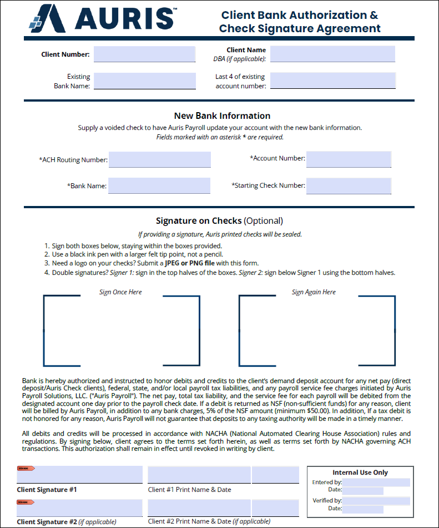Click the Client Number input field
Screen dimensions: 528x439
point(144,54)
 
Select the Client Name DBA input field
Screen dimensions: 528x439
point(332,54)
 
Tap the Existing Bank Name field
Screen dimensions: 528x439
point(144,81)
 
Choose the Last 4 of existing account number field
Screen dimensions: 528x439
point(332,81)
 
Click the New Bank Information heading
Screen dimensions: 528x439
point(222,116)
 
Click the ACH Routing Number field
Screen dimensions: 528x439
point(160,160)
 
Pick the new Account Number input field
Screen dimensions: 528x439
point(349,159)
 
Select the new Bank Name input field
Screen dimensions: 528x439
point(159,186)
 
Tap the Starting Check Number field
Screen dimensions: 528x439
point(349,186)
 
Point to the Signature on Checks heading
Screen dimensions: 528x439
point(219,220)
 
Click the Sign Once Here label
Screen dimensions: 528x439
point(120,292)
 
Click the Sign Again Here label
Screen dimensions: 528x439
point(314,292)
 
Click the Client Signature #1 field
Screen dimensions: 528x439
point(80,475)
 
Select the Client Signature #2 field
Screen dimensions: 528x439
point(80,508)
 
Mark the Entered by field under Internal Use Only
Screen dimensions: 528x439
point(376,482)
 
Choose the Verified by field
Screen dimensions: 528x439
point(376,501)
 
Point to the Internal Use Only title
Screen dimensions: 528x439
point(360,472)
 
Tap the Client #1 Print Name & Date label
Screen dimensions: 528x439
point(189,490)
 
